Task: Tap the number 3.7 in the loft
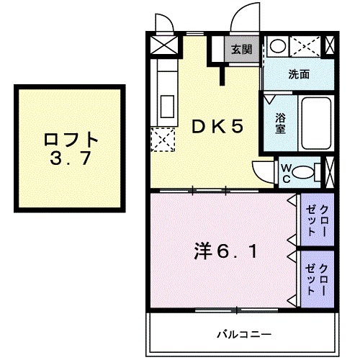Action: (70, 159)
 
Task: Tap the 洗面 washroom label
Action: (300, 73)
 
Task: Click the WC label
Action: (286, 172)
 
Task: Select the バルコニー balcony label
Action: (245, 335)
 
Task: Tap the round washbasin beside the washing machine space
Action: (276, 46)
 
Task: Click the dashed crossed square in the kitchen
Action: (163, 139)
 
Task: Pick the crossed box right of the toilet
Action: (330, 172)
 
